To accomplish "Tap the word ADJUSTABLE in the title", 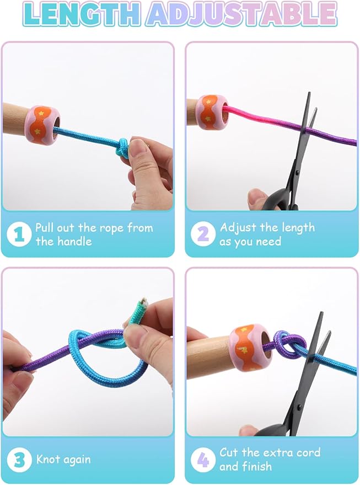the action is coord(241,14).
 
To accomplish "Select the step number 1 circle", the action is coord(19,234).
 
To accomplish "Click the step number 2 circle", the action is coord(203,234).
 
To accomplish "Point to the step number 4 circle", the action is coord(203,459).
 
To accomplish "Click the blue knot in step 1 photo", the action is coord(123,148).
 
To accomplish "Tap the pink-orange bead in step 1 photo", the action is coord(42,124).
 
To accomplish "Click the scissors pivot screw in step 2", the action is coord(297,172).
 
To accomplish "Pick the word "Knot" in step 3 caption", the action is coord(47,459).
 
